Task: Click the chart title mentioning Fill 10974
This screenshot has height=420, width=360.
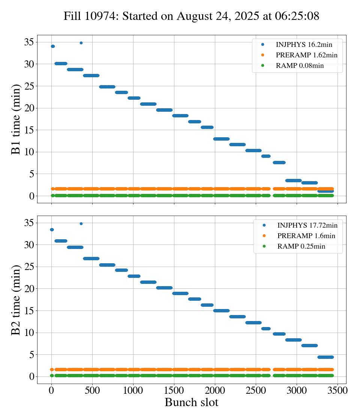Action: pyautogui.click(x=191, y=16)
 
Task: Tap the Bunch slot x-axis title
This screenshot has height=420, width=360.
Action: pyautogui.click(x=191, y=403)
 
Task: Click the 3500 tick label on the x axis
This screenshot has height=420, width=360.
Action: pyautogui.click(x=337, y=390)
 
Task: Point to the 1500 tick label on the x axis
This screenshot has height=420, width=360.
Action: pyautogui.click(x=174, y=390)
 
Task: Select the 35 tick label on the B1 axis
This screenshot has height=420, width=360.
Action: pyautogui.click(x=29, y=42)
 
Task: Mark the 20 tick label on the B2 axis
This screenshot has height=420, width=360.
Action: pyautogui.click(x=29, y=289)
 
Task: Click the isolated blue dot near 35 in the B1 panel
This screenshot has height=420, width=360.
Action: pyautogui.click(x=81, y=43)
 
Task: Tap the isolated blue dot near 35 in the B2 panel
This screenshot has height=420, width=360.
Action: pyautogui.click(x=81, y=223)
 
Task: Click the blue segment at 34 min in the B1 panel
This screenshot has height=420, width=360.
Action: pyautogui.click(x=52, y=46)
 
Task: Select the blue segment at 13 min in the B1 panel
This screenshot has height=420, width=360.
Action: pyautogui.click(x=221, y=139)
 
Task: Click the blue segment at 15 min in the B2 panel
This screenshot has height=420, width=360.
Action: pyautogui.click(x=221, y=310)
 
